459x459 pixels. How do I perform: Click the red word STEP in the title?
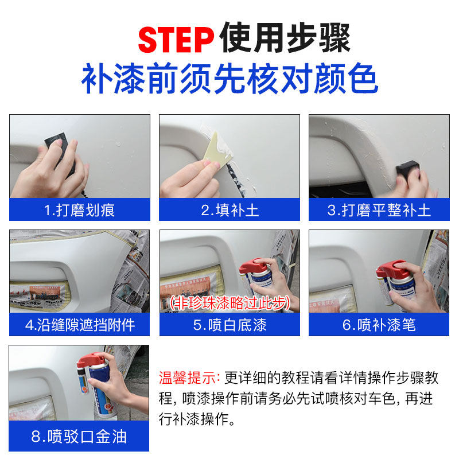pos(176,40)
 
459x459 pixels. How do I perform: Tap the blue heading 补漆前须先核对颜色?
pos(230,79)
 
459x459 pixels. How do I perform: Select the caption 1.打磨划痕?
pos(79,210)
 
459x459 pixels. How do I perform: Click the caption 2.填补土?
pos(230,210)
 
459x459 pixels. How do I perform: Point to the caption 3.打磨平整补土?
pos(379,210)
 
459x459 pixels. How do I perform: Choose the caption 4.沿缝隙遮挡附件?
pos(80,325)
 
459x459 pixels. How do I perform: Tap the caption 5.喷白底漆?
pos(230,325)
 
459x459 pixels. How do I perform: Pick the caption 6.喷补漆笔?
pos(379,325)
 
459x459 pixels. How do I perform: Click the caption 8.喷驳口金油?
pos(79,437)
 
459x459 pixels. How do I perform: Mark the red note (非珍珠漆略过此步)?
pos(230,303)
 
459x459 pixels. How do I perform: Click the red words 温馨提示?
pos(188,378)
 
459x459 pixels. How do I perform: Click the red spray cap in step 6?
pos(391,269)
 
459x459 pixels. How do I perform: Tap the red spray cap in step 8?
pos(91,361)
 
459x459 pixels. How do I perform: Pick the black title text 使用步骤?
pos(285,38)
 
